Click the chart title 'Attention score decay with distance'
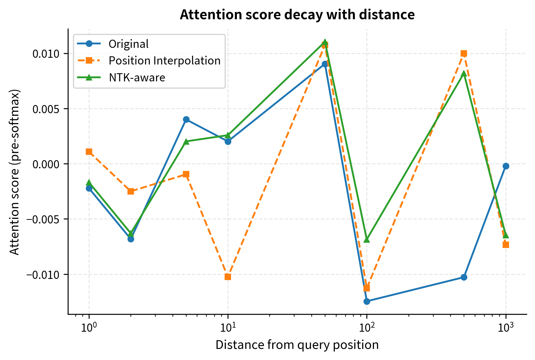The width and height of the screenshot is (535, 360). [x=297, y=15]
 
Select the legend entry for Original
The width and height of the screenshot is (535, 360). [x=128, y=44]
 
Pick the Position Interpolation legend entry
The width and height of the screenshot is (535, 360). [x=164, y=61]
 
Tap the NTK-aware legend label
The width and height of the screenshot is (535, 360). [x=137, y=78]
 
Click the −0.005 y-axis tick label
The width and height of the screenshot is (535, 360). [x=43, y=219]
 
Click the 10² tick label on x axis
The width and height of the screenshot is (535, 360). [x=366, y=328]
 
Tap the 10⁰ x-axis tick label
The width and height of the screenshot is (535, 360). [x=89, y=328]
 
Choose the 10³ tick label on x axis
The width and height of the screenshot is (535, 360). [x=506, y=328]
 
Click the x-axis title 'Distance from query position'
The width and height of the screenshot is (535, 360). [x=297, y=345]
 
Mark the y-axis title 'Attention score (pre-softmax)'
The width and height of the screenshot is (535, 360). [x=14, y=172]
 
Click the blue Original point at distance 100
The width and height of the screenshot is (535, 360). [x=367, y=301]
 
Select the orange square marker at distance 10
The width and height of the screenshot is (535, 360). [x=228, y=277]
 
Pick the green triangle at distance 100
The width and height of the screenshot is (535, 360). [x=367, y=240]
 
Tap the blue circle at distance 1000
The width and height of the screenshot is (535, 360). [x=506, y=166]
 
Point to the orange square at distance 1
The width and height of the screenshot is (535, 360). [x=89, y=151]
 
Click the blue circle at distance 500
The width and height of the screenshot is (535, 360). [x=464, y=277]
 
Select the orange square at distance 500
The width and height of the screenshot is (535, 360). [x=464, y=53]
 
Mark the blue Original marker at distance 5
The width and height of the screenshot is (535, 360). [x=186, y=119]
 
